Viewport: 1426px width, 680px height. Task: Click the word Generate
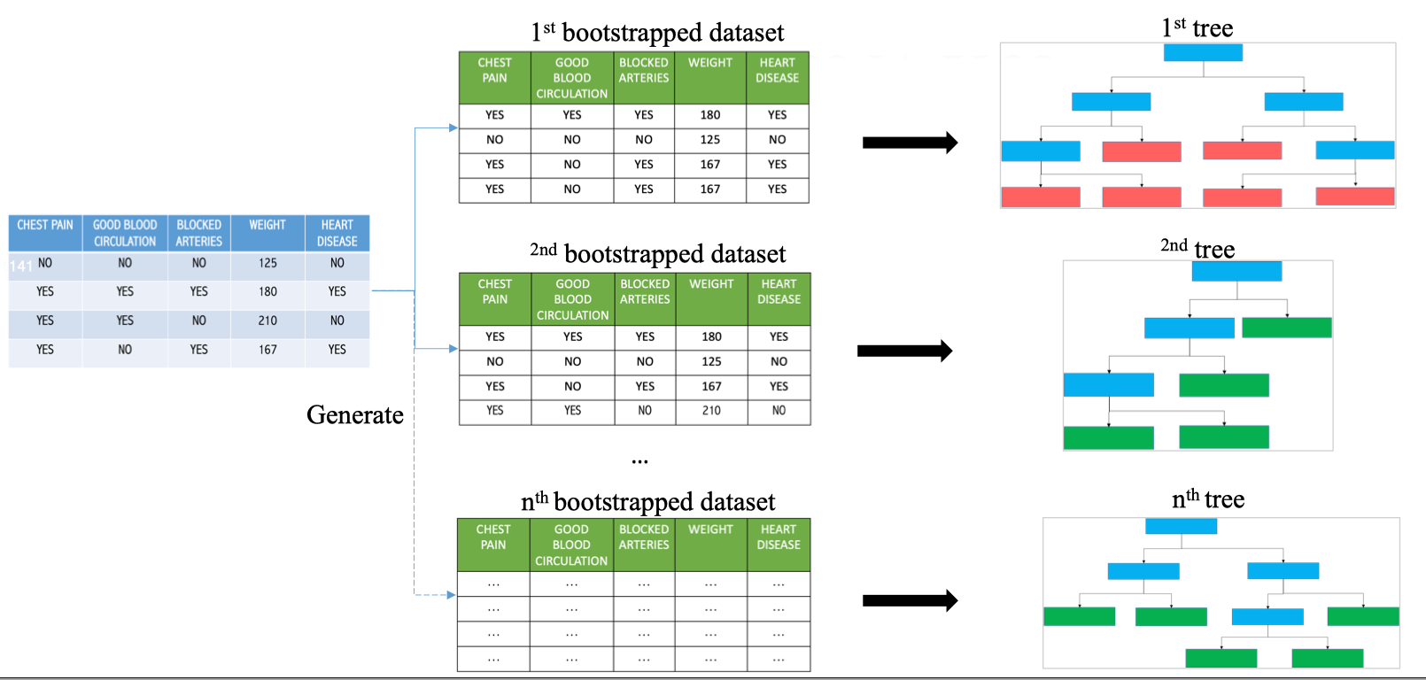pos(354,414)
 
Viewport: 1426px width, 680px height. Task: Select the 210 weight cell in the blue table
pos(267,321)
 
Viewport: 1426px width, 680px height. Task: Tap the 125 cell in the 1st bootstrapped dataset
pos(709,140)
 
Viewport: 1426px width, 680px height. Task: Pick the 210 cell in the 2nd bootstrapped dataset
pos(711,411)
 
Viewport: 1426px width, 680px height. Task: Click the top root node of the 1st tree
pos(1202,52)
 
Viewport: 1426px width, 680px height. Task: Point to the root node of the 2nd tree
pos(1236,271)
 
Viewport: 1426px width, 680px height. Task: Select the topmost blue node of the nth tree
pos(1181,526)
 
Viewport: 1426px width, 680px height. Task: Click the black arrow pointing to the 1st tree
pos(910,143)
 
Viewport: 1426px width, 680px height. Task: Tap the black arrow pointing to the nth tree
pos(910,601)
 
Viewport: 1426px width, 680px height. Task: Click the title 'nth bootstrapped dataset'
pos(647,502)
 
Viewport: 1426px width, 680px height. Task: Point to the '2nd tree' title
pos(1197,249)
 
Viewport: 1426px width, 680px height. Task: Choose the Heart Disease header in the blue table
pos(337,233)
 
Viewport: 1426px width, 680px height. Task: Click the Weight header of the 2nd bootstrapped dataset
pos(711,284)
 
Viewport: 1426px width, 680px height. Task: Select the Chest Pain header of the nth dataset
pos(493,537)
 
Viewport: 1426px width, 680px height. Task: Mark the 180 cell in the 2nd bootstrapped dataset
pos(711,336)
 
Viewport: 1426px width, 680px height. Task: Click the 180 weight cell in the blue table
pos(267,291)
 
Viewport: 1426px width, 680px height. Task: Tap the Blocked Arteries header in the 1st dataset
pos(644,70)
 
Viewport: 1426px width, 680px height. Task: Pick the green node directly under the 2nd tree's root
pos(1286,328)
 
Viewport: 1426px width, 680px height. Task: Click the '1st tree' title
pos(1197,28)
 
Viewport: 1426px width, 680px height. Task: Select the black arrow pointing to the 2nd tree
pos(904,351)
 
